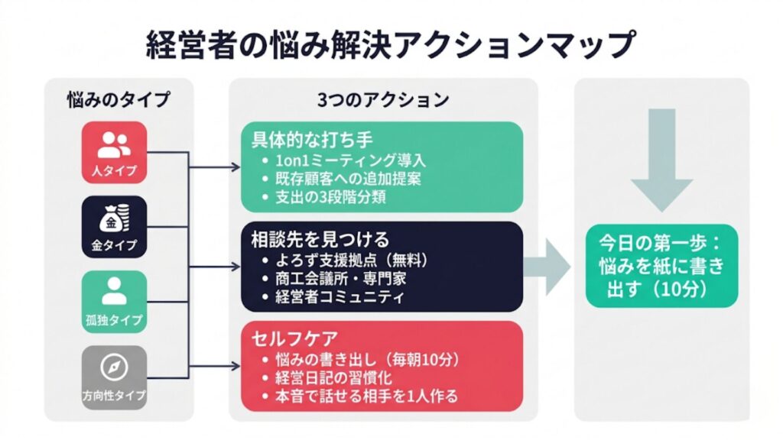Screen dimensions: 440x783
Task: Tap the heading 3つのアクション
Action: [x=382, y=99]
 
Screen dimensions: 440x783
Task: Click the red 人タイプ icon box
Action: [x=114, y=152]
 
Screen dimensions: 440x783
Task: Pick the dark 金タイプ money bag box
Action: [x=114, y=227]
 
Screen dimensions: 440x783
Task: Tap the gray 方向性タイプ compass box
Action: [x=114, y=376]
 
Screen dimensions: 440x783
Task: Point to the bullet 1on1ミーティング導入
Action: [x=343, y=161]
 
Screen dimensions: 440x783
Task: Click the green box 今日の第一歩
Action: [x=661, y=266]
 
